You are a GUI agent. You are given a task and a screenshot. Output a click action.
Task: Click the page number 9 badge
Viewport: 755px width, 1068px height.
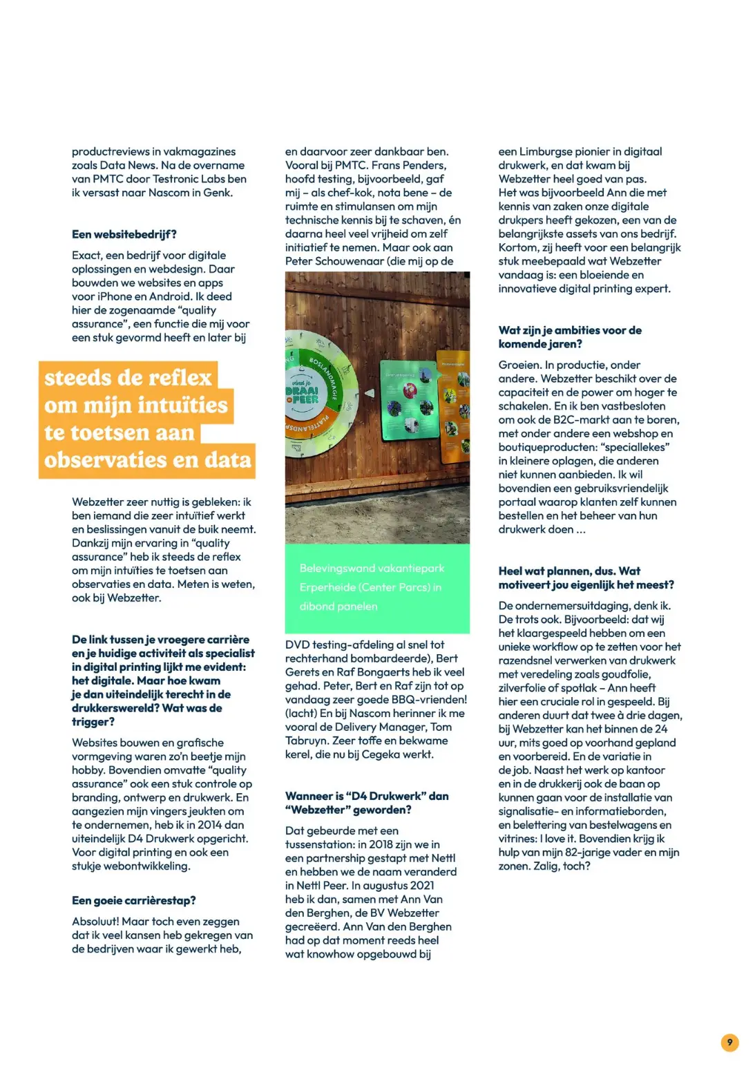729,1042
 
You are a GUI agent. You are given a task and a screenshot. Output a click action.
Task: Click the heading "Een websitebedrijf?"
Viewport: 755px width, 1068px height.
124,234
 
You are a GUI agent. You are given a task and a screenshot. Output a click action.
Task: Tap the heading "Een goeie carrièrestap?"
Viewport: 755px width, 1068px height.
134,900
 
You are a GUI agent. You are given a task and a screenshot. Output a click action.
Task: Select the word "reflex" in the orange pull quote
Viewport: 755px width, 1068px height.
178,377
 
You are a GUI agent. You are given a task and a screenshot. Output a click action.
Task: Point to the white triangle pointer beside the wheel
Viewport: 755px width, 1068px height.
370,393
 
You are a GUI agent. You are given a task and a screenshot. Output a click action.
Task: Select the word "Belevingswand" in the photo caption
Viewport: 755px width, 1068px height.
338,568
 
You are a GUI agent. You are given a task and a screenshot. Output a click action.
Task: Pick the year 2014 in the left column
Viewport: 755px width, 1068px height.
209,825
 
